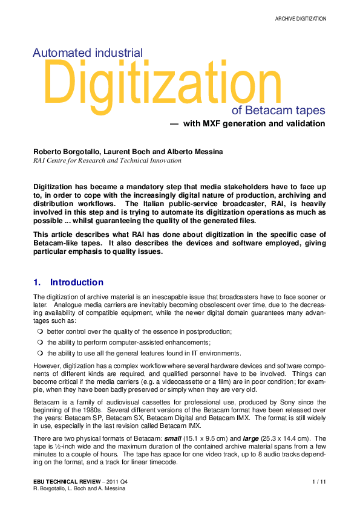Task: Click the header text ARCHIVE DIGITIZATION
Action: [x=301, y=19]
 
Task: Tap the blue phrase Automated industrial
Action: [x=88, y=53]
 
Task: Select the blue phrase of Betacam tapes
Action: [x=278, y=111]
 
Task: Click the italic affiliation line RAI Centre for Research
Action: [x=106, y=161]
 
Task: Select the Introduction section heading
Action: [x=76, y=282]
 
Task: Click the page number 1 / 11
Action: [x=319, y=481]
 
